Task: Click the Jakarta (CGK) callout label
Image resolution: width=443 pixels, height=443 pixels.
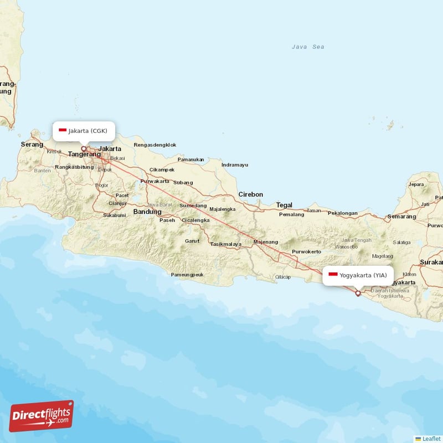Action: tap(84, 131)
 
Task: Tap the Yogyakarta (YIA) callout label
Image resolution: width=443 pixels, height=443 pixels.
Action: tap(358, 275)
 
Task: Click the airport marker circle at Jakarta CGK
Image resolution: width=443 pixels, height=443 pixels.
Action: tap(84, 148)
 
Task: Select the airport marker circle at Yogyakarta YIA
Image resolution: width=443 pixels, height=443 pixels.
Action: tap(358, 293)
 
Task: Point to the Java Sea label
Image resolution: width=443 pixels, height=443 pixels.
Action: tap(308, 47)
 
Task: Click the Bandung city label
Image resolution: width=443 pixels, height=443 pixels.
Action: tap(147, 212)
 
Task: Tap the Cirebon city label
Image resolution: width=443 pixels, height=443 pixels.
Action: tap(250, 194)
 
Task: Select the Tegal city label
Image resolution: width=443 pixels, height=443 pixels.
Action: tap(284, 204)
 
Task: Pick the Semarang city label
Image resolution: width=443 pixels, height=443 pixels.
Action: tap(401, 217)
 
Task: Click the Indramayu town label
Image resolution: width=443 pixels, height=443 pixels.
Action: tap(235, 164)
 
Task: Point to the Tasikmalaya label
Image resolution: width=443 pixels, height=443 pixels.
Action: tap(226, 244)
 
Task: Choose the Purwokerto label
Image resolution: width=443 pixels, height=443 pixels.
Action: tap(306, 251)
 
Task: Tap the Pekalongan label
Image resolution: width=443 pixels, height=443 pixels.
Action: tap(342, 213)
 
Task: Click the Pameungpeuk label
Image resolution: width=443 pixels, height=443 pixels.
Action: tap(188, 275)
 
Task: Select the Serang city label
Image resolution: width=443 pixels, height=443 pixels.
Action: tap(32, 145)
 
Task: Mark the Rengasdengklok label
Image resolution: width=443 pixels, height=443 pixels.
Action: tap(155, 145)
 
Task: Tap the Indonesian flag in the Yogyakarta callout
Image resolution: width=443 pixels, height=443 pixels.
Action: tap(333, 275)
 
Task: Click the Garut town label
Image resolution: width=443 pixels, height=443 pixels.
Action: tap(192, 241)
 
